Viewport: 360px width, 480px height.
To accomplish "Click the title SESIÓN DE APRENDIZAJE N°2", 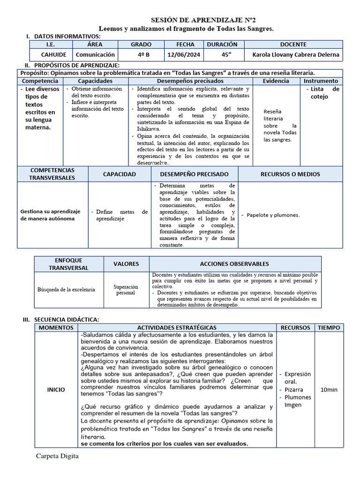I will (x=187, y=21).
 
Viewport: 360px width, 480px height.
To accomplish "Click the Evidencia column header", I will (x=276, y=81).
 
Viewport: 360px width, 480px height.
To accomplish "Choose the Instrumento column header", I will (x=321, y=81).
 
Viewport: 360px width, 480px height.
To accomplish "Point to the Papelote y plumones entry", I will (x=273, y=215).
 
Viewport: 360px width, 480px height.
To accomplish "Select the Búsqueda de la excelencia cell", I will (x=66, y=290).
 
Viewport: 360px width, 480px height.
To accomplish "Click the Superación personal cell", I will (x=126, y=290).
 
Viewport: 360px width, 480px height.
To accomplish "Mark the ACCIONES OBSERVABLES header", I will (x=234, y=264).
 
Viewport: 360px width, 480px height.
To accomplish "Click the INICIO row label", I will (x=56, y=390).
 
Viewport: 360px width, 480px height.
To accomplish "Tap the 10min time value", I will (x=329, y=390).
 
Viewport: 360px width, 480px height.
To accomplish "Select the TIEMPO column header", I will (x=329, y=328).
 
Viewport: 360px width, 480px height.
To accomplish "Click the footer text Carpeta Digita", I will (x=57, y=456).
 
